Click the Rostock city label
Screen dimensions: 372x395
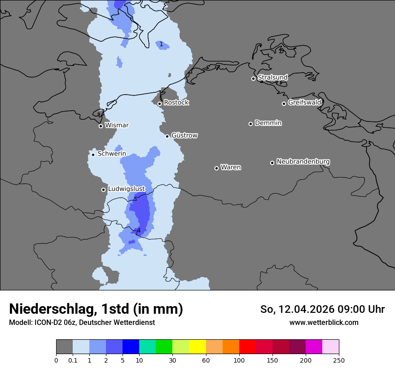(x=176, y=103)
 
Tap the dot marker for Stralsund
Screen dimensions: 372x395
(x=253, y=78)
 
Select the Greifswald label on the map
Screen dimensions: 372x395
(x=304, y=103)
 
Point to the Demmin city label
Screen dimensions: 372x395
(x=268, y=123)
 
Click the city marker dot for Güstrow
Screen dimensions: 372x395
(x=167, y=136)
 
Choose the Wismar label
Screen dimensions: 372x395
(x=117, y=125)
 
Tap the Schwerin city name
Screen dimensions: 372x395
(x=112, y=154)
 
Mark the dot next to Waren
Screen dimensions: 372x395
(x=216, y=168)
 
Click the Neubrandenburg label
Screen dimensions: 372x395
(x=303, y=161)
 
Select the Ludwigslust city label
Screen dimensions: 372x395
(x=126, y=189)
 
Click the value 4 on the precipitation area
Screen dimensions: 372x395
(x=139, y=231)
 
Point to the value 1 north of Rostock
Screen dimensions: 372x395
(x=161, y=44)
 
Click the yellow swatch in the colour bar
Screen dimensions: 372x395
(x=197, y=347)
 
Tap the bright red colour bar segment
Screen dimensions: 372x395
(x=247, y=347)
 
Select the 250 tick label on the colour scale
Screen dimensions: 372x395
(x=339, y=360)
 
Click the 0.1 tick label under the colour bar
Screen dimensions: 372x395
(x=73, y=360)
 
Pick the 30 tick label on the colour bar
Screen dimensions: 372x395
(x=172, y=360)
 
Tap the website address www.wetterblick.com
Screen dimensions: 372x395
(x=324, y=323)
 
